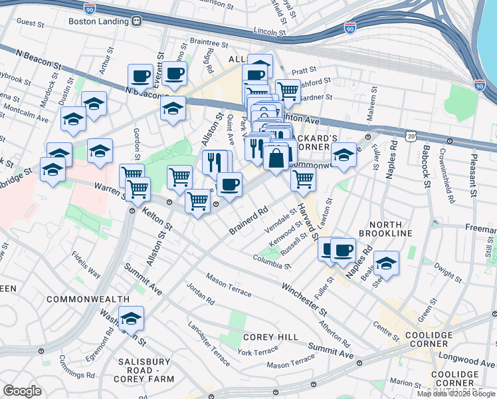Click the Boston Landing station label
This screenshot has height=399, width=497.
point(98,21)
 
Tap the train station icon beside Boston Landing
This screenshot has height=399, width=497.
point(136,21)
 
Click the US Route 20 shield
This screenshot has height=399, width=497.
point(411,136)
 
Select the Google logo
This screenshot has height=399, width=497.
point(22,390)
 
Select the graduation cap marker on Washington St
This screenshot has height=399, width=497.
point(131,319)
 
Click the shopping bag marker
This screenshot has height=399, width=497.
point(276,158)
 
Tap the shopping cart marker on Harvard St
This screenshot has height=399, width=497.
point(303,178)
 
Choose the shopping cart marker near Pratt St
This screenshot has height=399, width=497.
point(287,89)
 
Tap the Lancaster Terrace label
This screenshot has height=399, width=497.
point(209,340)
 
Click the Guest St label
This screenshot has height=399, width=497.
point(30,22)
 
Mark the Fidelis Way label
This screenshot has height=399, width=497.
point(87,264)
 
